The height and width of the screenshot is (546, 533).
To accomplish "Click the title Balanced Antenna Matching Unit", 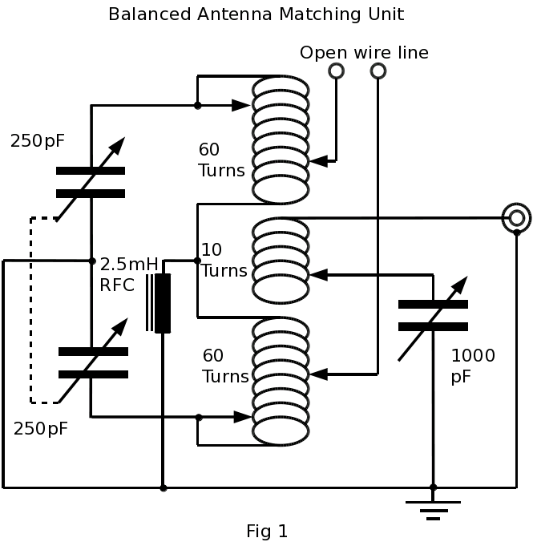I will tap(256, 14).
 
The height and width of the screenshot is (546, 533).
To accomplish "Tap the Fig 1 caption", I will tap(266, 531).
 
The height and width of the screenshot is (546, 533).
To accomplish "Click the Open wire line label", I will tap(364, 53).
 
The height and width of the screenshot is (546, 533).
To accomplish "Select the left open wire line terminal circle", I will tap(337, 71).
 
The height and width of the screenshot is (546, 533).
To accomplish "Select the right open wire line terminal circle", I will tap(378, 71).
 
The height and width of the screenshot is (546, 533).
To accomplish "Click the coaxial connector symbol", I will tap(517, 217).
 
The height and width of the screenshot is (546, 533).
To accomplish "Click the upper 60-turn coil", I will tap(281, 139).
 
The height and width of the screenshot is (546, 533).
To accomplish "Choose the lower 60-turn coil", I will tap(281, 381).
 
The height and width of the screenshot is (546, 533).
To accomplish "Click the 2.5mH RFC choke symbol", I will tap(162, 303).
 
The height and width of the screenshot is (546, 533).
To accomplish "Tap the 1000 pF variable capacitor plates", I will tap(433, 315).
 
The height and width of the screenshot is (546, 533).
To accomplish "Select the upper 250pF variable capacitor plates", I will tap(91, 182).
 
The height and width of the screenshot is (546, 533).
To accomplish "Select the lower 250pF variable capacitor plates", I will tap(93, 362).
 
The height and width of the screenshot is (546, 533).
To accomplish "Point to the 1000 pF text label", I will tap(473, 366).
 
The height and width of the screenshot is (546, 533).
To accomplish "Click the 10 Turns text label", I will tap(224, 261).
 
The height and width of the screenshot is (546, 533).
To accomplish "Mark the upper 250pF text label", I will tap(38, 141).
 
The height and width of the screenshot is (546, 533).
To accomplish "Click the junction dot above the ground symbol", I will tap(433, 487).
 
